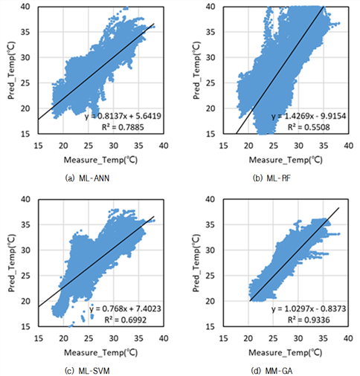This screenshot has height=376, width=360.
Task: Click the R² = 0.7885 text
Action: tap(123, 127)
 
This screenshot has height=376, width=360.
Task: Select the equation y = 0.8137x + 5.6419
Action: tap(123, 116)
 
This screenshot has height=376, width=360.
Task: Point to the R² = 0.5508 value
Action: tap(309, 127)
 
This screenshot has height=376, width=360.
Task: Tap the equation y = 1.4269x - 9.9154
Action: tap(309, 116)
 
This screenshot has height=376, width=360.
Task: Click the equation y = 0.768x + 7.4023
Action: tap(125, 308)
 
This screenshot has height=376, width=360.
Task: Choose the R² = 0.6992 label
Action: tap(126, 320)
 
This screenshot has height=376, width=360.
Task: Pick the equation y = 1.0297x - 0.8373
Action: tap(309, 308)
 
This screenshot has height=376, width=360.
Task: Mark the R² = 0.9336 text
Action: tap(309, 320)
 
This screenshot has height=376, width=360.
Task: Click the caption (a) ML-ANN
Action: tap(87, 178)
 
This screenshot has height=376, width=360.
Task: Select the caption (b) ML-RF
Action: tap(271, 178)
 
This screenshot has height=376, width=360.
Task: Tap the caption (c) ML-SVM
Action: tap(87, 371)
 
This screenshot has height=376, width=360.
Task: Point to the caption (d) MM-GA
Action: tap(271, 371)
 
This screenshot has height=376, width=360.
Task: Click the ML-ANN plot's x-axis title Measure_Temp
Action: tap(100, 160)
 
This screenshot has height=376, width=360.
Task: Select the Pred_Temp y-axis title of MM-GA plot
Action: tap(196, 263)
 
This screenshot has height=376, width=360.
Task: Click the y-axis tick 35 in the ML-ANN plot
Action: tap(25, 32)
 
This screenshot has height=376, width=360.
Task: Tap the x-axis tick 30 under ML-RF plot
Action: tap(298, 146)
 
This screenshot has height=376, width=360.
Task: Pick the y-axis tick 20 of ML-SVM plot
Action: tap(25, 301)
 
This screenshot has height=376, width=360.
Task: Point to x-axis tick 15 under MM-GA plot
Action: tap(223, 338)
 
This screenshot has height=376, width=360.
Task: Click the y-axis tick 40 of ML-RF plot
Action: tap(210, 7)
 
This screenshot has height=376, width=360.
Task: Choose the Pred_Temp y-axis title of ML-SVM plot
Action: tap(11, 263)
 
